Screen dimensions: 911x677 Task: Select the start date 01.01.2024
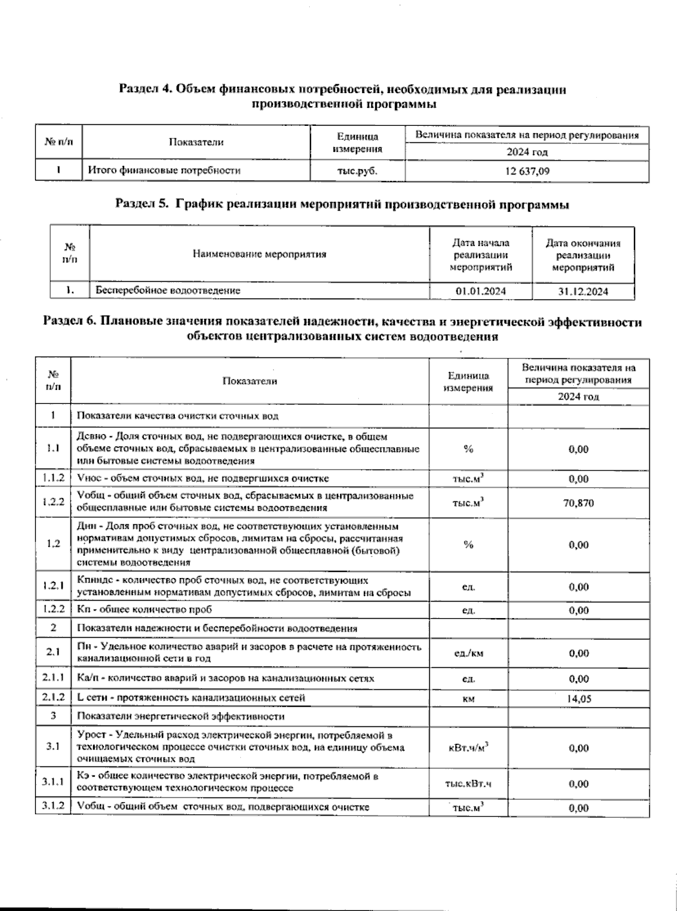point(481,291)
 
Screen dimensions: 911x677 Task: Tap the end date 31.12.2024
point(582,292)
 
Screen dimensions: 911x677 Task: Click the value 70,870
point(578,503)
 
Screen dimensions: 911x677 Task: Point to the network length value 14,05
point(579,699)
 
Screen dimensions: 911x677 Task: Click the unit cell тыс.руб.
point(357,171)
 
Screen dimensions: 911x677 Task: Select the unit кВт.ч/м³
point(468,748)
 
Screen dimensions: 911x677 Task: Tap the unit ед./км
point(468,654)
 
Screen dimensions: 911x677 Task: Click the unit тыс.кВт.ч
point(468,784)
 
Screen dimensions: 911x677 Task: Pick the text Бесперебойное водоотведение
point(168,291)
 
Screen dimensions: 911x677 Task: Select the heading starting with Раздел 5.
point(342,204)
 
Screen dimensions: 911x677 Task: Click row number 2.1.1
point(52,678)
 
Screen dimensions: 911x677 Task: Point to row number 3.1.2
point(52,807)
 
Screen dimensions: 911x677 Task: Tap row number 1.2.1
point(52,586)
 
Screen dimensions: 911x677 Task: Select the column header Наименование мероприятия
point(260,254)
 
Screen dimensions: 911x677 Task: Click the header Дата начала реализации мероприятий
point(481,255)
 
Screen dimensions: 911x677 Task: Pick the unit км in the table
point(468,699)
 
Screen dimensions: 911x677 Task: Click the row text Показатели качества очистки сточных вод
point(178,416)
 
